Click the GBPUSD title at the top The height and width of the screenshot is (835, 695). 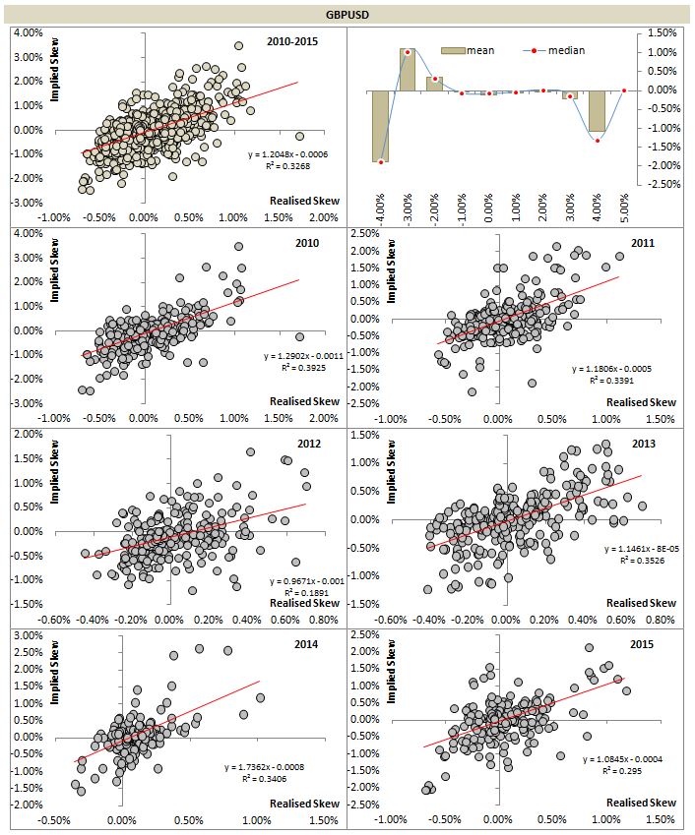(347, 15)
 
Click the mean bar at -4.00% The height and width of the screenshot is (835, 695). (380, 126)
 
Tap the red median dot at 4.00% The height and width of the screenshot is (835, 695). (598, 141)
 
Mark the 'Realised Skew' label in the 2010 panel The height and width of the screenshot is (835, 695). (304, 401)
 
